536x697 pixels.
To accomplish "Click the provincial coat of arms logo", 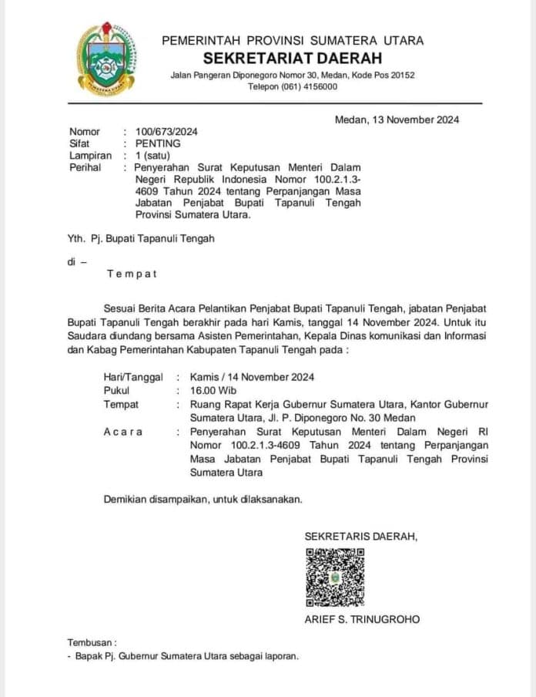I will [x=106, y=59].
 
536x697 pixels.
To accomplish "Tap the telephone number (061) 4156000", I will [x=311, y=86].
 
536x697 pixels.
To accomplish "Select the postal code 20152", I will [x=400, y=75].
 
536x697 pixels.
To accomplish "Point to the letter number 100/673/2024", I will [x=166, y=132].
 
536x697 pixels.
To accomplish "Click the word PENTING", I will [x=158, y=143].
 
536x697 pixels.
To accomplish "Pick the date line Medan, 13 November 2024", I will [x=397, y=120].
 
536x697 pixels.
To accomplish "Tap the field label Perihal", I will [x=85, y=167].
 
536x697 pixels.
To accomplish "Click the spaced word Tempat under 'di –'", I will [x=132, y=274].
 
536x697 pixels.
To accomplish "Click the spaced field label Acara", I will [x=123, y=432].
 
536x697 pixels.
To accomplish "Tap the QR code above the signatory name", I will [x=335, y=577].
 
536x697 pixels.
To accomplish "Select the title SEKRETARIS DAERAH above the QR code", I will [x=360, y=536].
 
